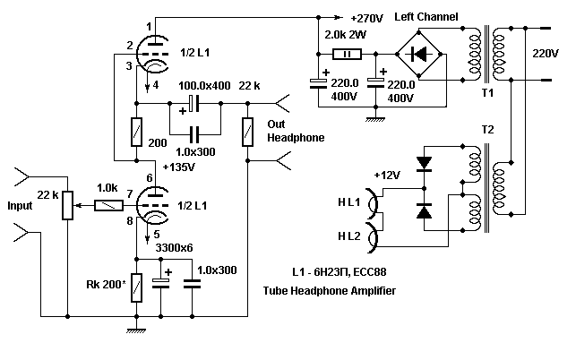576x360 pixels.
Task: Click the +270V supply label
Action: point(370,17)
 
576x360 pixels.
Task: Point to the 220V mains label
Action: point(546,54)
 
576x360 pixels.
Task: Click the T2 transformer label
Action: point(487,128)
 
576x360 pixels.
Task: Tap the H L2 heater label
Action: point(350,235)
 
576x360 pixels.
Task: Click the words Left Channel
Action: point(426,17)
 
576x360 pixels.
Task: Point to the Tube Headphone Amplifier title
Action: point(329,291)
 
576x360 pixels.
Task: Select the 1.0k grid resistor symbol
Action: point(109,205)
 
